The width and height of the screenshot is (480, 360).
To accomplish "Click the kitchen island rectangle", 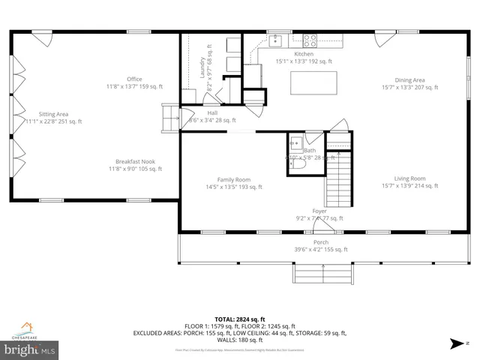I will click(313, 82).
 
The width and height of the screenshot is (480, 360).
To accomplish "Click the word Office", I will click(134, 79).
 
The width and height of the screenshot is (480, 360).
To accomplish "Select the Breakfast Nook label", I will click(135, 161).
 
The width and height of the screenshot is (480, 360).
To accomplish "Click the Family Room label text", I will click(233, 180).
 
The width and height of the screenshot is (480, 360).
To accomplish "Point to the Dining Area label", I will click(410, 79).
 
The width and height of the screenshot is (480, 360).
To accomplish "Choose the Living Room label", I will click(409, 178).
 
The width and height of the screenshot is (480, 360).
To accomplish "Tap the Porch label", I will click(321, 242).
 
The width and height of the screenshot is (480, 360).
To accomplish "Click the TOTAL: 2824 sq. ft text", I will click(239, 318).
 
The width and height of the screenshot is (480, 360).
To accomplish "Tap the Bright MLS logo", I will click(30, 349).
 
